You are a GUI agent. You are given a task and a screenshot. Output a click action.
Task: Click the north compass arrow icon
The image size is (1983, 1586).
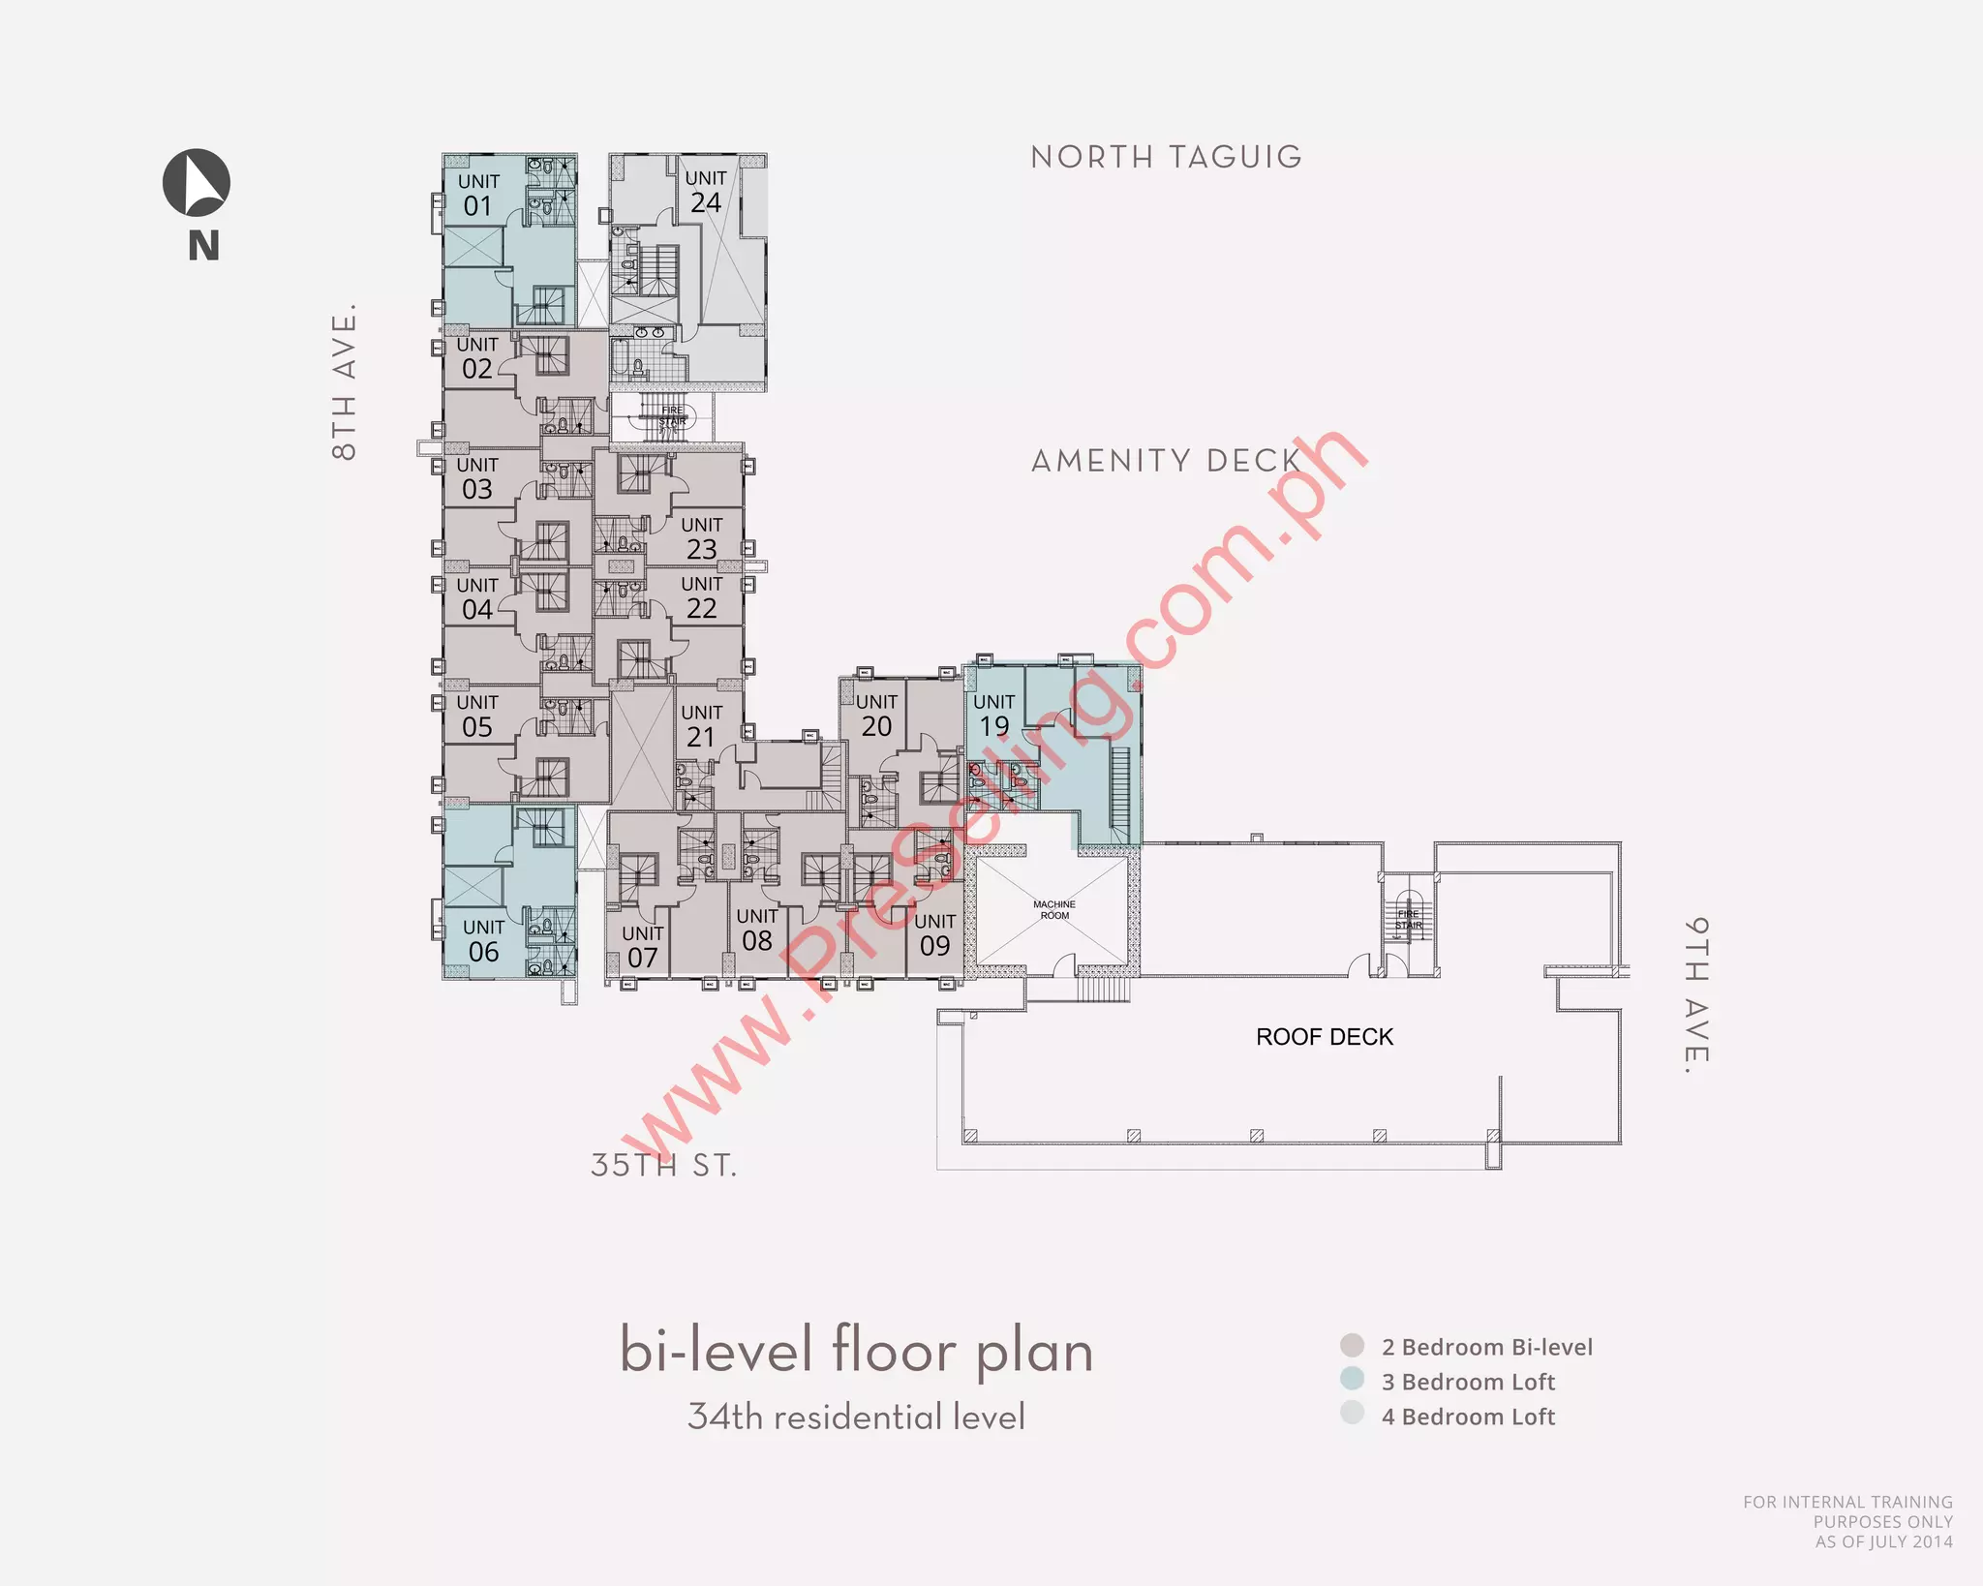point(197,183)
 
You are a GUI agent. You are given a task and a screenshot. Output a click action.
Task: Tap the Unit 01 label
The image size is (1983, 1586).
point(478,195)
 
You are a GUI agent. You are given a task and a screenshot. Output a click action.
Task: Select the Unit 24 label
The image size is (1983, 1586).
point(705,192)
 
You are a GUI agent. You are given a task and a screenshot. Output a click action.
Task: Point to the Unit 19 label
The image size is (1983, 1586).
point(993,715)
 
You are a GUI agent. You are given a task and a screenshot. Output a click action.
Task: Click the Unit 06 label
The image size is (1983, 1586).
point(483,940)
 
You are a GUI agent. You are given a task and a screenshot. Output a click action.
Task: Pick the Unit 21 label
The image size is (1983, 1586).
point(701,725)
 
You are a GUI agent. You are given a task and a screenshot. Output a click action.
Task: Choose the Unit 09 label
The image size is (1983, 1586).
point(934,934)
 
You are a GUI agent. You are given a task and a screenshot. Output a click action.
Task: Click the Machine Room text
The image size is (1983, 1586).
point(1054,909)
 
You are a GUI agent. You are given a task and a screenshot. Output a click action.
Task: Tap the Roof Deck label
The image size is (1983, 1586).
point(1324,1037)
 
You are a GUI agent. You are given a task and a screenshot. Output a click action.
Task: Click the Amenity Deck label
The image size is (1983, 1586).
point(1166,461)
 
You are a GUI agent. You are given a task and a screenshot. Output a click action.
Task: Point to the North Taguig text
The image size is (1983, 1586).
point(1166,157)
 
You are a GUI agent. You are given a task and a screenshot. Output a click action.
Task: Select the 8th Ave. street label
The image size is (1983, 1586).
point(345,381)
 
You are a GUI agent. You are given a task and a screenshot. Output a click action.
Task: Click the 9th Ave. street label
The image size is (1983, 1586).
point(1695,995)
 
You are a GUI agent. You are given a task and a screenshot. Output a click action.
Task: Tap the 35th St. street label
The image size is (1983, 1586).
point(664,1165)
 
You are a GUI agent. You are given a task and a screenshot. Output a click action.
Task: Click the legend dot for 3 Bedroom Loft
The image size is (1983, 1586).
point(1352,1379)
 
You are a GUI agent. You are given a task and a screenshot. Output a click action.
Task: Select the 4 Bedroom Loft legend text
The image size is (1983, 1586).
point(1468,1417)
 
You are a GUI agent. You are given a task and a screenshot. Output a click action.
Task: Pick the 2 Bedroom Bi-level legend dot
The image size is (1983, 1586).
point(1352,1345)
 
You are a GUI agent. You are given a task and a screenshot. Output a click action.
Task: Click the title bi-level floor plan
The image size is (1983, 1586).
point(856,1352)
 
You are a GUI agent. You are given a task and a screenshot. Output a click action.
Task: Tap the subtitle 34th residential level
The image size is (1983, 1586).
point(856,1417)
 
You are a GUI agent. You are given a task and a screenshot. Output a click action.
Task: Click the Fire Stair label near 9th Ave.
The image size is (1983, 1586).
point(1408,919)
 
